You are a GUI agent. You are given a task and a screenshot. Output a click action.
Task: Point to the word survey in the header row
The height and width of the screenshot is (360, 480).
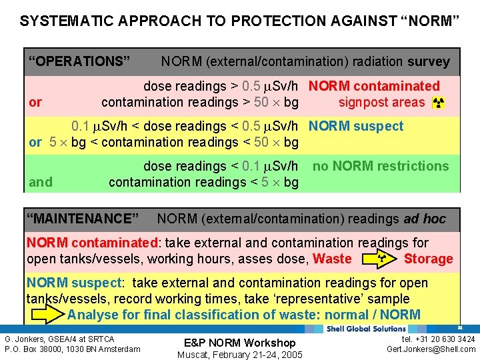click(429, 62)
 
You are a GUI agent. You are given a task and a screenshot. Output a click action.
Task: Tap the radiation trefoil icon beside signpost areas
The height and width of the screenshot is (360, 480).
click(438, 103)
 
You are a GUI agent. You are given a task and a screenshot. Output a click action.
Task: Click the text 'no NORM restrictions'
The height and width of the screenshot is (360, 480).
click(381, 166)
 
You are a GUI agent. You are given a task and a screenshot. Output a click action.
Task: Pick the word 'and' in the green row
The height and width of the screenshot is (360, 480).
click(41, 182)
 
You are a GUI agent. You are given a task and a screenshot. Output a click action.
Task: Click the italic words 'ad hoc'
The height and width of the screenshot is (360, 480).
click(425, 219)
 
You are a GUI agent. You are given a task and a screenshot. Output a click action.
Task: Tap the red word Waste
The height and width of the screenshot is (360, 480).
click(331, 259)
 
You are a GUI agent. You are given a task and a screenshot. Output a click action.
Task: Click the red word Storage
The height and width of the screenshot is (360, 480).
click(428, 259)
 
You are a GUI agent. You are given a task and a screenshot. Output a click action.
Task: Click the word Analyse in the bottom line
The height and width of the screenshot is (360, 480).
click(92, 315)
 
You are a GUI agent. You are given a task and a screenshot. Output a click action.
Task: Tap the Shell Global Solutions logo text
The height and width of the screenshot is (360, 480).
click(366, 329)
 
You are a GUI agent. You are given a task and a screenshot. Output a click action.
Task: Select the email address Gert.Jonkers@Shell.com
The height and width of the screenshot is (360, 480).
click(431, 349)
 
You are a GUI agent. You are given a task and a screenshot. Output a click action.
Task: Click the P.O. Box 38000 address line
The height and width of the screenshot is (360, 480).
click(73, 349)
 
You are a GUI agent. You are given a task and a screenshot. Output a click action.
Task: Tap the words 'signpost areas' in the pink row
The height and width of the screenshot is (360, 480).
click(381, 103)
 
